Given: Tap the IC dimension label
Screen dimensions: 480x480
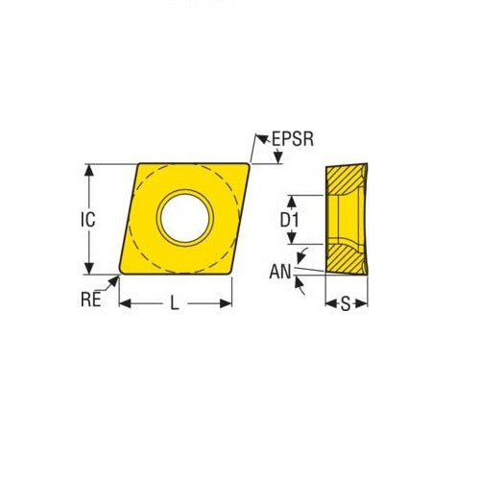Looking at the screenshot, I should (87, 219).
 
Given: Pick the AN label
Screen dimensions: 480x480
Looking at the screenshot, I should (280, 272).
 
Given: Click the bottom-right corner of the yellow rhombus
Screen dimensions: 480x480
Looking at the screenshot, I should (231, 274).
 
